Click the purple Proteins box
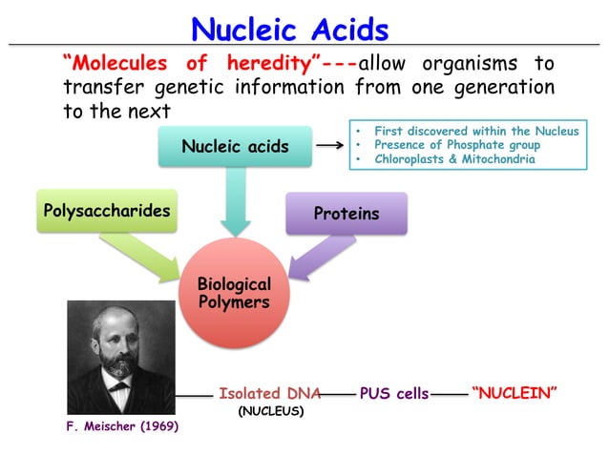coord(346,214)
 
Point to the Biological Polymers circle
coord(233,294)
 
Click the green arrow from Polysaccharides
coord(143,256)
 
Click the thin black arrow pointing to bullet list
coord(329,146)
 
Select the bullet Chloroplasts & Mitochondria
coord(454,159)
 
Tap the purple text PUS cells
coord(393,393)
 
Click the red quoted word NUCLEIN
coord(514,393)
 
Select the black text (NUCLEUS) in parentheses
coord(270,412)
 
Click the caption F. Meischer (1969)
coord(122,426)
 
